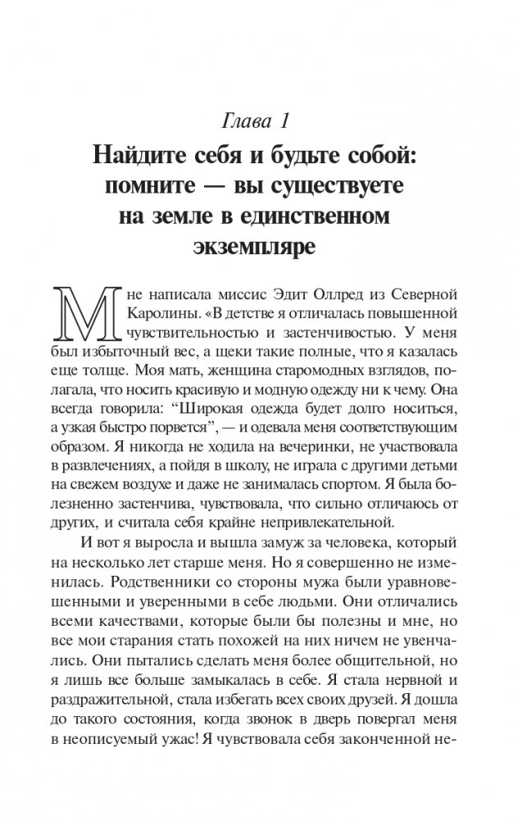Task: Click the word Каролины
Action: [162, 314]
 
